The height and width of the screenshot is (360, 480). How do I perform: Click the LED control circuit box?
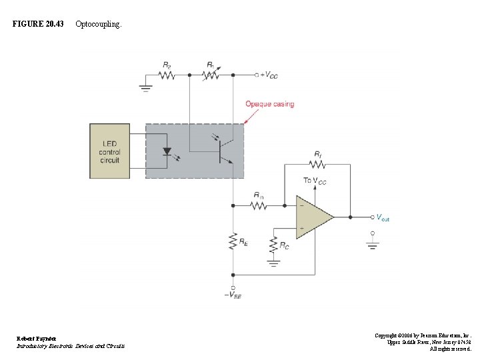[110, 151]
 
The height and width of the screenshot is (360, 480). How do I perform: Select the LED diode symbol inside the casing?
[167, 151]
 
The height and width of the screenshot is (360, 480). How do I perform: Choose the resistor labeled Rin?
[258, 205]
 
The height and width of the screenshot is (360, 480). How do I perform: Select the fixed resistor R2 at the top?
[166, 75]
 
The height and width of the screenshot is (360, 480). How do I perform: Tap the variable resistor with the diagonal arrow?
[211, 75]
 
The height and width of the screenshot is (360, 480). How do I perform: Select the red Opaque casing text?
[269, 104]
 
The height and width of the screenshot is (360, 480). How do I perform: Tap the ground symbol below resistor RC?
[273, 263]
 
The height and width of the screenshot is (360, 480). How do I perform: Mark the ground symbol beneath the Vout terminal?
[373, 244]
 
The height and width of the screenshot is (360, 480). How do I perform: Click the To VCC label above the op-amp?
[316, 181]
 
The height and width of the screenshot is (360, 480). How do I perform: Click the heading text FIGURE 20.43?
[39, 24]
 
